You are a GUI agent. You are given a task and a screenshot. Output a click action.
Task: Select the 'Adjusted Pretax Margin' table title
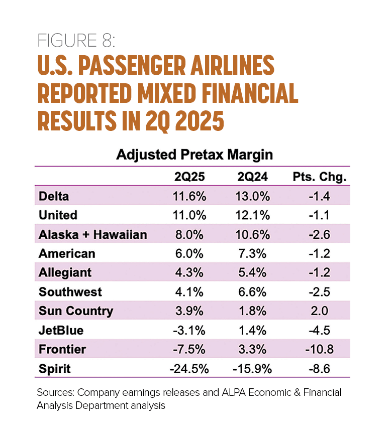[194, 155]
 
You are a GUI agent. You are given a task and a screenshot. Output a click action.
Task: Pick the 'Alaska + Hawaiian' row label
[92, 234]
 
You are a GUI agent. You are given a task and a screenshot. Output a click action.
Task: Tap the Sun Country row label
[75, 311]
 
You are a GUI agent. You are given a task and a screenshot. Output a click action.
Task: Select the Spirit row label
[54, 369]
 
